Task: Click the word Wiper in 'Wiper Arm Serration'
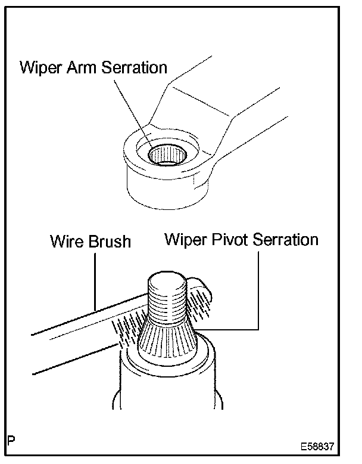click(x=39, y=67)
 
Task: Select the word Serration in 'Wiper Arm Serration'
click(x=134, y=67)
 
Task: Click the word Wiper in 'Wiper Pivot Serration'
click(x=183, y=240)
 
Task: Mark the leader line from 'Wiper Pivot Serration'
click(x=258, y=292)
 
